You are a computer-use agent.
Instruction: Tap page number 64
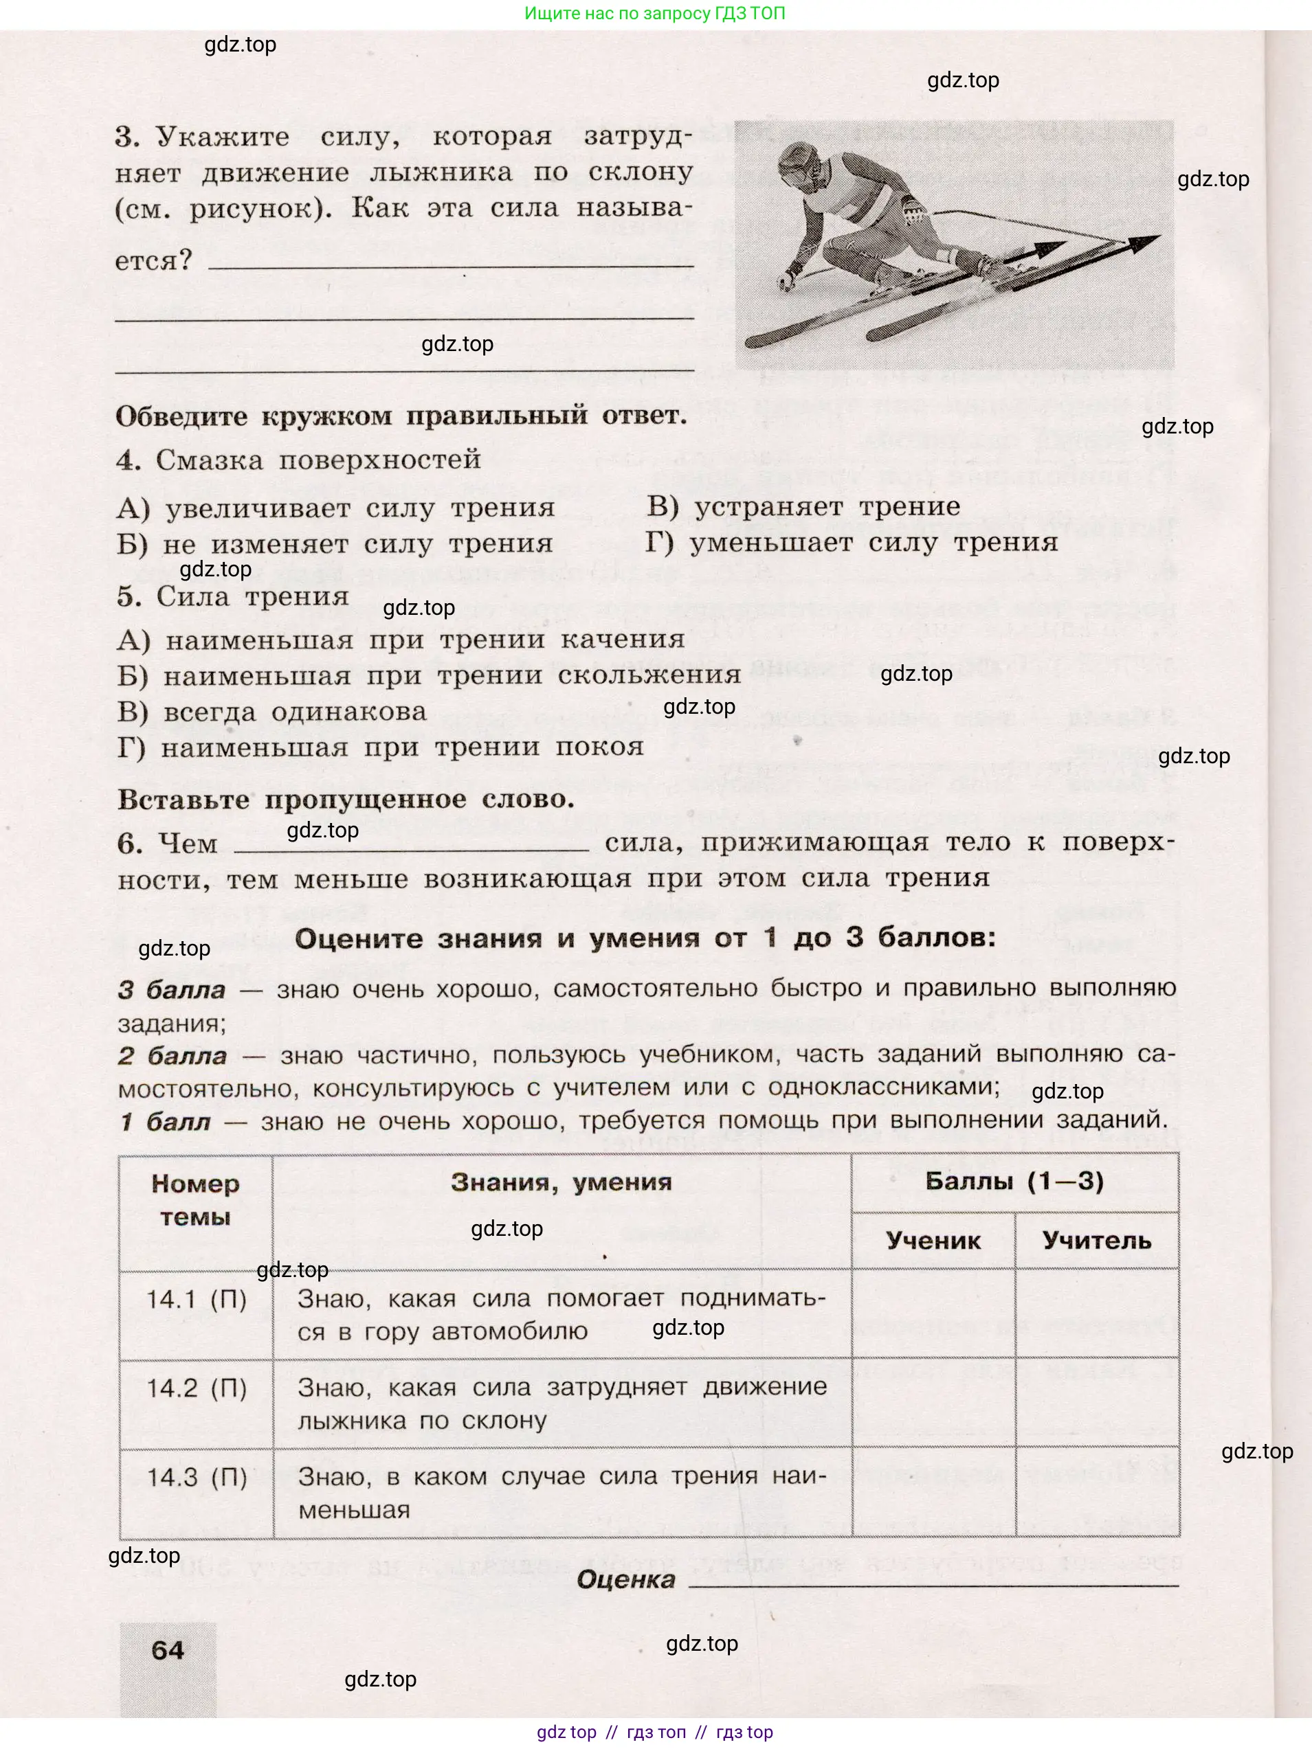click(168, 1650)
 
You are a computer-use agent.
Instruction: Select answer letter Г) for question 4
click(659, 543)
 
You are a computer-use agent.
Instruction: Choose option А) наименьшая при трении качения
click(400, 640)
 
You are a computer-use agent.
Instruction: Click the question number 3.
click(127, 137)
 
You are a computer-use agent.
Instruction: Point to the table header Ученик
click(933, 1241)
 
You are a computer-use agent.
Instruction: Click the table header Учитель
click(1096, 1241)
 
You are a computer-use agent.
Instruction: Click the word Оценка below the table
click(625, 1580)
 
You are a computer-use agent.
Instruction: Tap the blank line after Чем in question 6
click(411, 846)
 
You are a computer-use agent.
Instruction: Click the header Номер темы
click(195, 1200)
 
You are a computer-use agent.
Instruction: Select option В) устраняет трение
click(803, 507)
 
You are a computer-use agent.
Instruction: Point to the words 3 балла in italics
click(172, 990)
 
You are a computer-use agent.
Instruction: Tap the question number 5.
click(128, 597)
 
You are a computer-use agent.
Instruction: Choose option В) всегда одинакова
click(271, 712)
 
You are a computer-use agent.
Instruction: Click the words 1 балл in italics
click(165, 1122)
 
